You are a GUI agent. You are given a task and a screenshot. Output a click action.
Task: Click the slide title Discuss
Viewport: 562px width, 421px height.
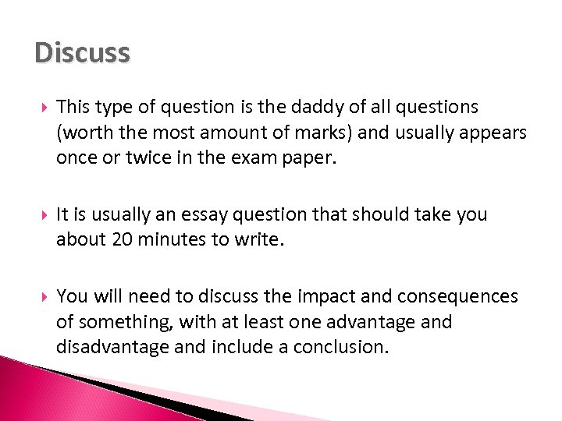pos(82,53)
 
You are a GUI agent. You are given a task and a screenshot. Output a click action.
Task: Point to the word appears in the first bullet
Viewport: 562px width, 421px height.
pos(495,133)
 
